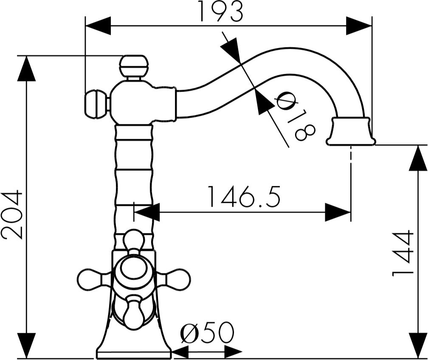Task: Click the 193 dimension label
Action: tap(221, 11)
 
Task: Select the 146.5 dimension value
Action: tap(244, 197)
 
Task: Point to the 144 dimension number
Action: tap(403, 253)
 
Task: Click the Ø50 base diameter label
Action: tap(207, 332)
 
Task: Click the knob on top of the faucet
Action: tap(134, 66)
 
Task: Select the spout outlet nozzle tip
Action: tap(351, 131)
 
